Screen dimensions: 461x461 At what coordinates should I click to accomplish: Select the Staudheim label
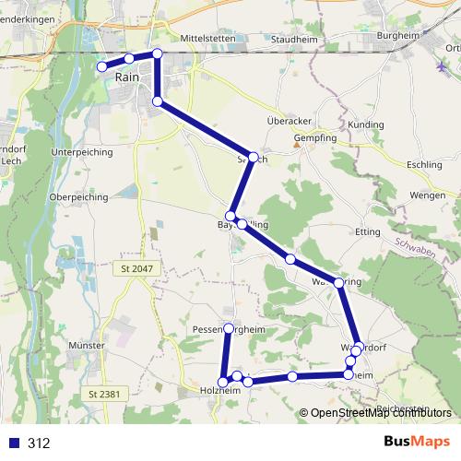click(x=294, y=40)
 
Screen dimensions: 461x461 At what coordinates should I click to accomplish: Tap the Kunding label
click(x=366, y=124)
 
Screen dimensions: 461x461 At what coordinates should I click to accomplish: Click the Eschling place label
click(x=424, y=164)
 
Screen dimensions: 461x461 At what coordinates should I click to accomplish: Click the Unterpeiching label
click(x=81, y=150)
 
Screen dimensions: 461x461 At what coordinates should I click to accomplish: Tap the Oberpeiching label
click(x=78, y=196)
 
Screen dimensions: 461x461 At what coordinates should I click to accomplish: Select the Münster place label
click(x=86, y=345)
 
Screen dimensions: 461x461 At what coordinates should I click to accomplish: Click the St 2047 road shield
click(x=136, y=268)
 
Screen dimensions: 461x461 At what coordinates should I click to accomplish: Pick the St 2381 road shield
click(x=105, y=395)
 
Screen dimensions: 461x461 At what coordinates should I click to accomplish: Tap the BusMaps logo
click(x=418, y=443)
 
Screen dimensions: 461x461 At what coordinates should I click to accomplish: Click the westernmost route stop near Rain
click(x=101, y=66)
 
